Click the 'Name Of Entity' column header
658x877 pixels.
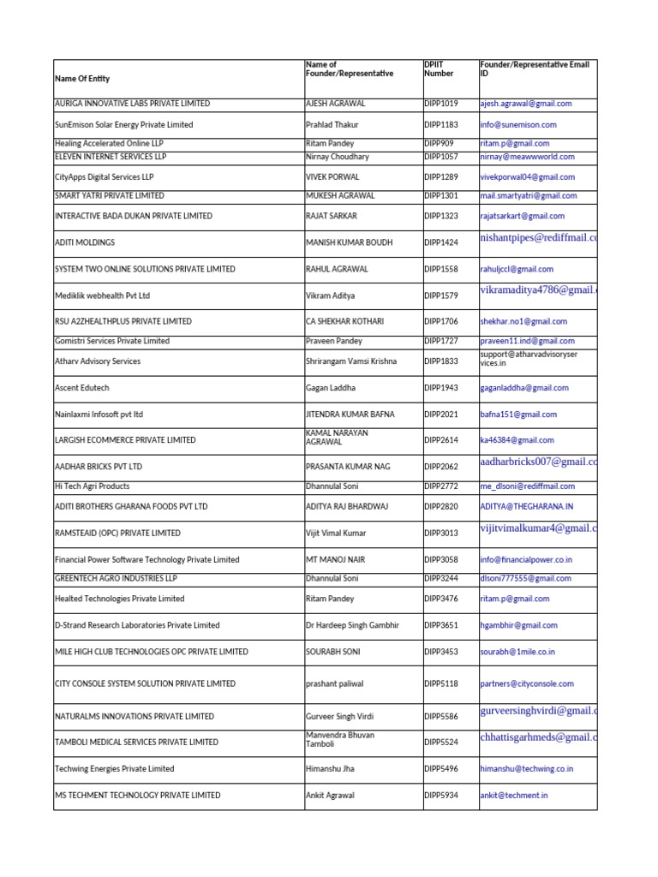pos(82,79)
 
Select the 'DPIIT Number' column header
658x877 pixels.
pos(440,69)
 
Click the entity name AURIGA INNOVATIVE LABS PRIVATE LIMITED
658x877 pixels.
pos(132,104)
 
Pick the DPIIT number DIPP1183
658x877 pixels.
pos(441,125)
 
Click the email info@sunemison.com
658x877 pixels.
pos(518,125)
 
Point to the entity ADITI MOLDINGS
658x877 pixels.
pos(85,243)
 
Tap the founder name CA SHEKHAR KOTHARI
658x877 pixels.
pos(344,322)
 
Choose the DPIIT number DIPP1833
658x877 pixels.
pos(441,361)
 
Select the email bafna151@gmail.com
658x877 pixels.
pos(518,415)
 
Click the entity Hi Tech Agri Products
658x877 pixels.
pos(93,486)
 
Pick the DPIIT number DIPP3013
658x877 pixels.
pos(441,534)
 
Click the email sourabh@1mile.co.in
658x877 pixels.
pos(517,652)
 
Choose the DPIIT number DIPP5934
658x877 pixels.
pos(441,796)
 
